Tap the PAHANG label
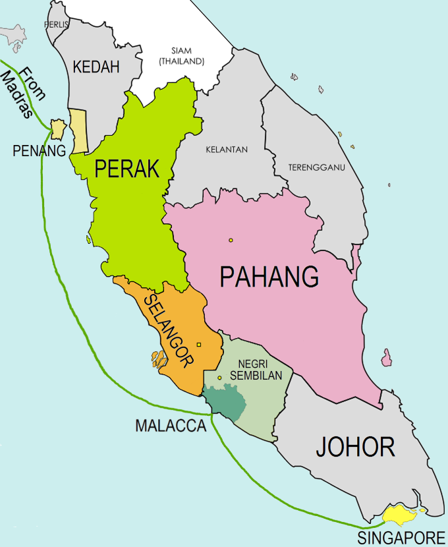269,277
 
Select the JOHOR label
355,447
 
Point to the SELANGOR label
169,330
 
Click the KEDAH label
96,67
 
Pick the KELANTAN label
227,150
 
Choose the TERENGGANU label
317,168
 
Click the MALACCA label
171,426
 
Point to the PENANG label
40,151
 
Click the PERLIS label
57,24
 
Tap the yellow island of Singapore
399,513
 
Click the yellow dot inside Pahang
231,240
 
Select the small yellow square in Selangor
199,344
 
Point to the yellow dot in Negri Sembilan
219,378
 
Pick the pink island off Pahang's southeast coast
387,359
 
